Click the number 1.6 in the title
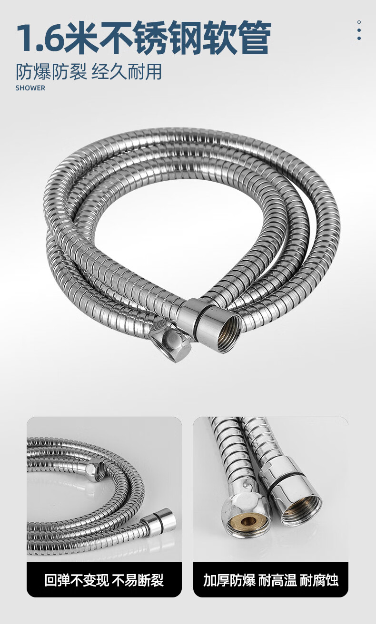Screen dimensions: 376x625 point(41,37)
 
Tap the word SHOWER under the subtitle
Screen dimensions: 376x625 point(30,88)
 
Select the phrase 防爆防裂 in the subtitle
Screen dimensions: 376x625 point(51,71)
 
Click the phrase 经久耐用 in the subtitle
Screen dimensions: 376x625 point(127,71)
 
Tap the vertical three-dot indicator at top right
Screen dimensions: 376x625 point(359,30)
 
